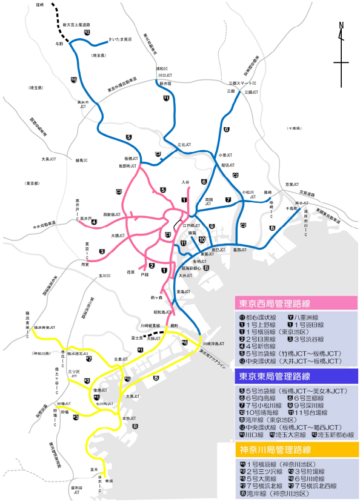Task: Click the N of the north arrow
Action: pyautogui.click(x=341, y=25)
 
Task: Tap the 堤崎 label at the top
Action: pyautogui.click(x=40, y=5)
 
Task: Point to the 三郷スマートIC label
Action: pyautogui.click(x=242, y=83)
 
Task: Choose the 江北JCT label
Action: pyautogui.click(x=184, y=145)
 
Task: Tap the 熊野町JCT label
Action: pyautogui.click(x=127, y=164)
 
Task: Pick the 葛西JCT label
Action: pyautogui.click(x=241, y=249)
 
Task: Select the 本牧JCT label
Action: pyautogui.click(x=128, y=418)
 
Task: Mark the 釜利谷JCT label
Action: pyautogui.click(x=76, y=490)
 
